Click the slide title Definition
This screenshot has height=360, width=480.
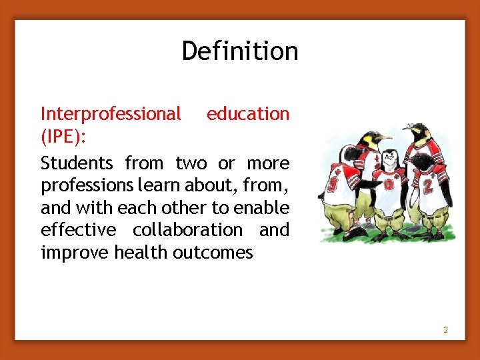[240, 51]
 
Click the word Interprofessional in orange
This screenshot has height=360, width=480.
[111, 114]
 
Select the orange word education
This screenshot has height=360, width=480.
[248, 114]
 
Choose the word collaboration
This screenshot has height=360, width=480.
[187, 230]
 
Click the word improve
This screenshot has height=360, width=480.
[75, 253]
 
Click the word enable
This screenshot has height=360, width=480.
[267, 208]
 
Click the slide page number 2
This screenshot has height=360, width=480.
[446, 330]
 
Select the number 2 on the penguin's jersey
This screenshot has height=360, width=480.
[429, 186]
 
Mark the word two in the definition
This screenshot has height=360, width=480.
[191, 163]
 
